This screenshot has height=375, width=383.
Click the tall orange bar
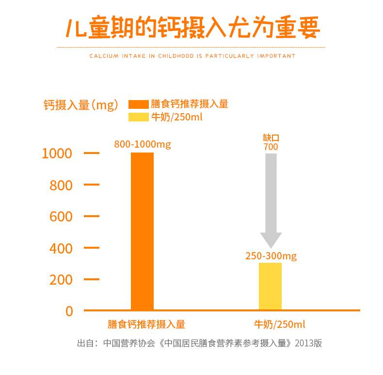(x=142, y=231)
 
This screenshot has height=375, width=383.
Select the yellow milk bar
(x=270, y=286)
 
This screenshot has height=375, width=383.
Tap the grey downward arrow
(x=271, y=199)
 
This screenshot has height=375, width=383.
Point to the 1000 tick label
(x=57, y=153)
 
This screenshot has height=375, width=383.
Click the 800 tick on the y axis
(x=61, y=185)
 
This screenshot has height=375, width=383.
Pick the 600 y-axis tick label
(x=61, y=217)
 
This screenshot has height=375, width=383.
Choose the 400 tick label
(x=61, y=248)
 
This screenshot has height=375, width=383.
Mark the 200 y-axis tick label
(x=61, y=280)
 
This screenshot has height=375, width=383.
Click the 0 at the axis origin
(x=69, y=311)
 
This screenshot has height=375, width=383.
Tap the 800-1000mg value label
(x=143, y=144)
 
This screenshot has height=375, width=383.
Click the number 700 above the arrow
(x=271, y=147)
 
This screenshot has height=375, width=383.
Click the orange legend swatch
(x=138, y=104)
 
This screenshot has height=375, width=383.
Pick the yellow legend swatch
(x=138, y=117)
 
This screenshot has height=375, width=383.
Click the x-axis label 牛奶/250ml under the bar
(x=280, y=324)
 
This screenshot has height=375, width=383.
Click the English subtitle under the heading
(x=192, y=56)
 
